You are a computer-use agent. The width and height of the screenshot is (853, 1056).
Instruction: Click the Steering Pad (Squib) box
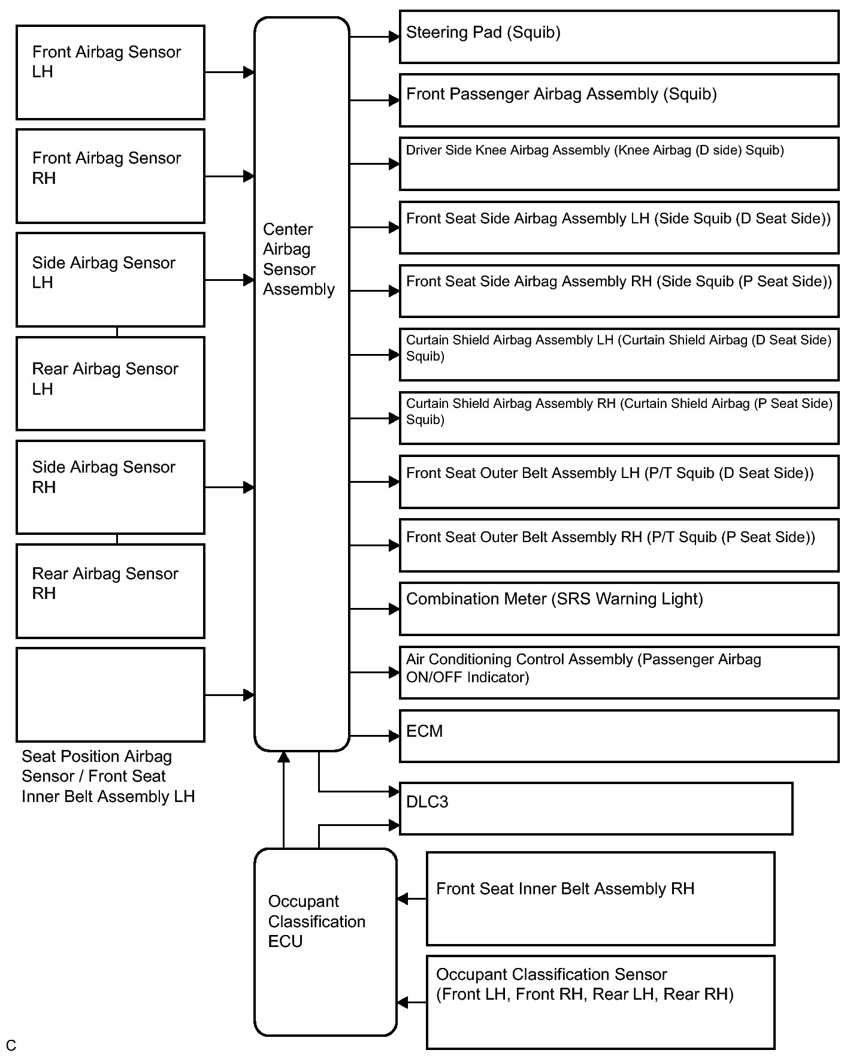pos(619,37)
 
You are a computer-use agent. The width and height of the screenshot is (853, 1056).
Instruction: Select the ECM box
pos(619,736)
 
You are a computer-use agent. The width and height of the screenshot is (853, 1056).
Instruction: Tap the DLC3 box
pos(596,808)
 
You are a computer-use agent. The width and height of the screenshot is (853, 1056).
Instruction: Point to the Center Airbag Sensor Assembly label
pos(298,259)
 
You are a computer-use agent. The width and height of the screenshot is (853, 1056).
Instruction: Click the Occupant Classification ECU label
pos(316,921)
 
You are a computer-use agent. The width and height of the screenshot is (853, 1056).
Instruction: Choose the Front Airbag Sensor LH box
pos(110,72)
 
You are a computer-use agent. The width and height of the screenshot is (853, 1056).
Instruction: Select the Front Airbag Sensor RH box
pos(110,176)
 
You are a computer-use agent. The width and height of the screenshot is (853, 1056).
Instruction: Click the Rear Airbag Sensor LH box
pos(110,383)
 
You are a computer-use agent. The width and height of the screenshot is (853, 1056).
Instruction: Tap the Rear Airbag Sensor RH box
pos(110,591)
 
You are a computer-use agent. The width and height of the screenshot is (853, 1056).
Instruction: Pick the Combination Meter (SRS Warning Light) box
pos(619,609)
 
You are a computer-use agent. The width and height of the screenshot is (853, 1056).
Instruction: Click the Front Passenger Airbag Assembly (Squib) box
pos(619,101)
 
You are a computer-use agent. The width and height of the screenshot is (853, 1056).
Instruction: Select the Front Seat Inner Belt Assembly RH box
pos(600,898)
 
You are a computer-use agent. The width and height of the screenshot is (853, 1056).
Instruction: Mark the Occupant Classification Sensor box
pos(600,1002)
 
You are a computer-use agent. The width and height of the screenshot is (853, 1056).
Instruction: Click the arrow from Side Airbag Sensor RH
pos(229,488)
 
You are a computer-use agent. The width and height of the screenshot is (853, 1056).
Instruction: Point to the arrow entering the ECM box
pos(374,736)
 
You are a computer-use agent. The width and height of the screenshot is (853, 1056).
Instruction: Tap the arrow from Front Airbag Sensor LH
pos(229,72)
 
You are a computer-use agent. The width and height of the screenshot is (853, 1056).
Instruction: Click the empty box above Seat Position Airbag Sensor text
pos(110,695)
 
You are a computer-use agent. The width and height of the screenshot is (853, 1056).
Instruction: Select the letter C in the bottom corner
pos(11,1045)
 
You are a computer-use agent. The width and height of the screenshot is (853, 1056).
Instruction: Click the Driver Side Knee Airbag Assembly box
pos(619,164)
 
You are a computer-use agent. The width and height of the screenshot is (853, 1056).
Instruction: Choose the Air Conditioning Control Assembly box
pos(619,673)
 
